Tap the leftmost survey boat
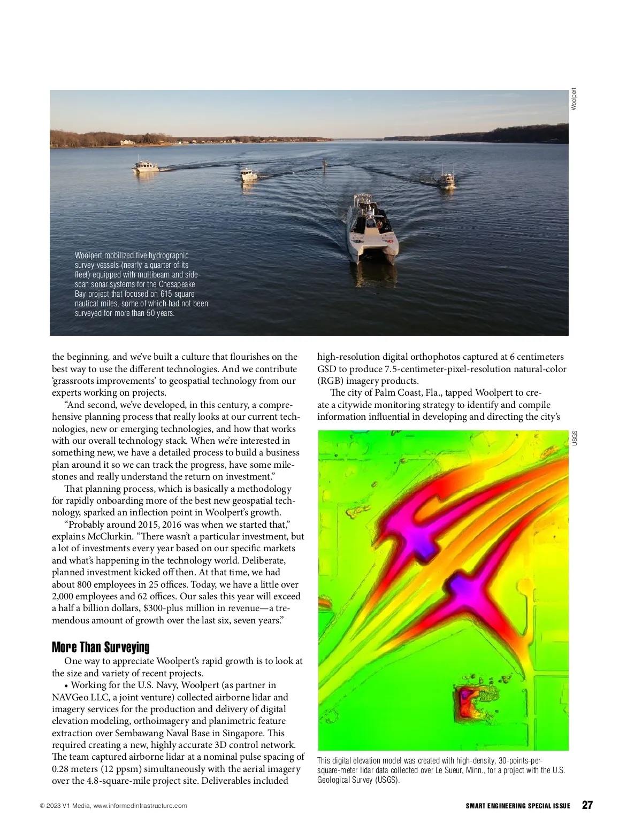point(146,166)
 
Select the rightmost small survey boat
point(446,179)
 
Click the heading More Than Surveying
point(101,647)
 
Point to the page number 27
point(587,805)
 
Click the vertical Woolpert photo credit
point(574,99)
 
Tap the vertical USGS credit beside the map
point(575,438)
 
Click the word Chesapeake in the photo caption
point(177,284)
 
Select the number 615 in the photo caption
point(167,294)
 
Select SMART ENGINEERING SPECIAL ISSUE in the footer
point(518,806)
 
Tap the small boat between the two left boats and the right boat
point(324,163)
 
